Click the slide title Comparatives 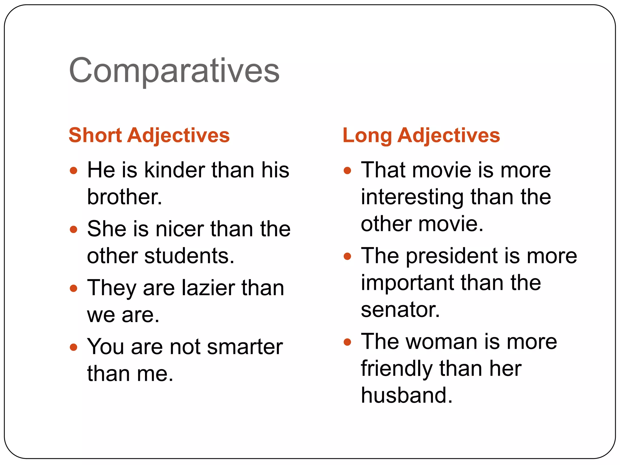point(174,71)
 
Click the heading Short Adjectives point(149,135)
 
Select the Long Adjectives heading point(421,135)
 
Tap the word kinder point(174,170)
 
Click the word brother point(124,197)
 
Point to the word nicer point(180,229)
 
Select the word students point(189,256)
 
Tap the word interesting point(412,197)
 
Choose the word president point(452,256)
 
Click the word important point(407,283)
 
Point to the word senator point(400,310)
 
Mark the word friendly point(396,369)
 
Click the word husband point(406,395)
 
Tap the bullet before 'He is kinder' point(74,170)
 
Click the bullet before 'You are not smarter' point(74,347)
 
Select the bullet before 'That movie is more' point(347,170)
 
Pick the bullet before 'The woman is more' point(347,342)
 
